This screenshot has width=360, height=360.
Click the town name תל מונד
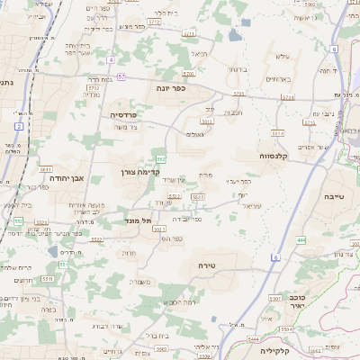tap(139, 220)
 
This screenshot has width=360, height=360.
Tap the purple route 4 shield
tap(111, 60)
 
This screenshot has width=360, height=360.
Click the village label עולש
tap(280, 56)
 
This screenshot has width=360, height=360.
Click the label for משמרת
tap(143, 283)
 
